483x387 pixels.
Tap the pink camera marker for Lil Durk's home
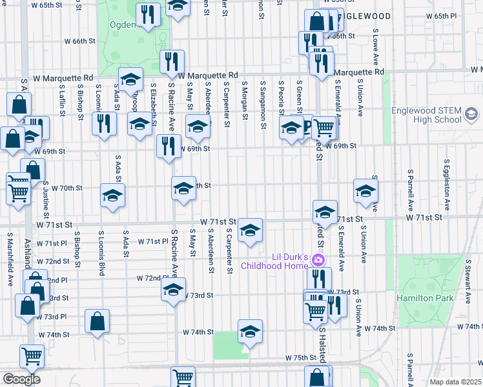(318, 261)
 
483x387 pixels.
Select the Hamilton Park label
(442, 298)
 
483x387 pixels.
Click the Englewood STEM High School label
(426, 115)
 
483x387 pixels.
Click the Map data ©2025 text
(456, 382)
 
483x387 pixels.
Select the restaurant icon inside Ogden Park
(149, 15)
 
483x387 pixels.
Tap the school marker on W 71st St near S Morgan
(250, 230)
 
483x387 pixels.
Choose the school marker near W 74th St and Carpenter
(250, 332)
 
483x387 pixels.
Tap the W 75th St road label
(302, 357)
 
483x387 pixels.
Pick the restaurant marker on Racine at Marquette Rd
(172, 61)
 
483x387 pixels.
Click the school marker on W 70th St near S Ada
(112, 195)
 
